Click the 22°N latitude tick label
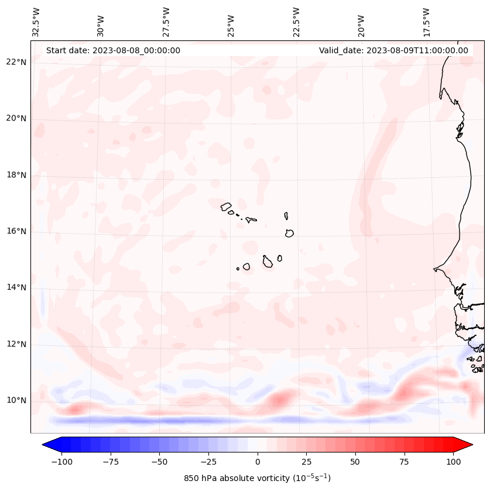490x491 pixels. [x=16, y=62]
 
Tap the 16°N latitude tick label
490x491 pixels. [x=16, y=231]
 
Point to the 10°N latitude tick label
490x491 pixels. [x=16, y=400]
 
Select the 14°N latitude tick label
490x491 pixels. [x=16, y=287]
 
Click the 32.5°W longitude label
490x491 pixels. [x=36, y=22]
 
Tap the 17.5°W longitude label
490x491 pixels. [x=426, y=22]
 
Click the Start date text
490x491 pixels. [x=113, y=50]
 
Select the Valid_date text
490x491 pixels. [x=393, y=50]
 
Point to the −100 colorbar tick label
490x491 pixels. [x=61, y=462]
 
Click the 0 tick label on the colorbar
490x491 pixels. [x=258, y=462]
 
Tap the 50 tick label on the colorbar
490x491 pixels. [x=355, y=462]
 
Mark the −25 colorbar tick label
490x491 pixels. [x=208, y=462]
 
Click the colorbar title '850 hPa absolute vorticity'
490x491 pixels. [x=257, y=478]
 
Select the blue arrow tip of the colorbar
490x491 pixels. [x=47, y=445]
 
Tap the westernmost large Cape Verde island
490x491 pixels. [x=226, y=206]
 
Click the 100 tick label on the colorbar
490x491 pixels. [x=453, y=462]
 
